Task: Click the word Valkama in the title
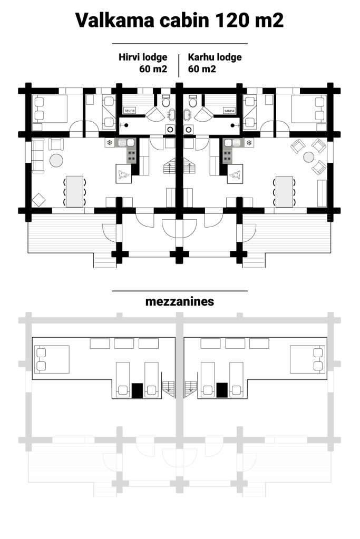(x=115, y=20)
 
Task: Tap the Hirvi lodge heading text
(x=143, y=57)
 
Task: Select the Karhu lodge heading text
(x=215, y=57)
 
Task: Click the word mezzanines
(x=180, y=301)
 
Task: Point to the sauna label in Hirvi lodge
(x=130, y=110)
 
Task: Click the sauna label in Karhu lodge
(x=229, y=110)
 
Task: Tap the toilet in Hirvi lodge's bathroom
(x=166, y=101)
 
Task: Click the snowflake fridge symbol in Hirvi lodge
(x=109, y=142)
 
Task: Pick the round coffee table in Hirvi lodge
(x=56, y=160)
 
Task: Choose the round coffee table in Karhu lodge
(x=308, y=157)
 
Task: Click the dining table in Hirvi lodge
(x=75, y=191)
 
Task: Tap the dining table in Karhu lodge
(x=284, y=191)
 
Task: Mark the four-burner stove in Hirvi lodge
(x=131, y=156)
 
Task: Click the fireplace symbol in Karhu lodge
(x=235, y=174)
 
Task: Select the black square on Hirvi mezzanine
(x=137, y=390)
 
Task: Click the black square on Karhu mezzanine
(x=222, y=390)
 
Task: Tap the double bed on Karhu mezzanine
(x=307, y=359)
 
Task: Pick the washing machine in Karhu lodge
(x=189, y=129)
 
